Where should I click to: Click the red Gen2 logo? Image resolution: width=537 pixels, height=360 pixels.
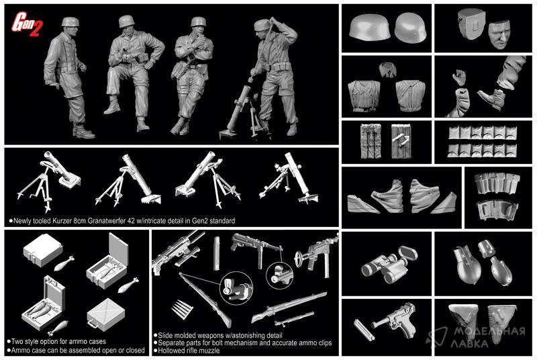(x=27, y=24)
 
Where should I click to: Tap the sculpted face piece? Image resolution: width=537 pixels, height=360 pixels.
(x=499, y=34)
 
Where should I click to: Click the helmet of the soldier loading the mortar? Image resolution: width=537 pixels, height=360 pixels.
(x=262, y=25)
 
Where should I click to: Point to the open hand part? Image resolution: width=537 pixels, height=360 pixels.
(x=458, y=77)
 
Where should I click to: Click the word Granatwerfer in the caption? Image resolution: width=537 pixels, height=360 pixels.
(x=107, y=221)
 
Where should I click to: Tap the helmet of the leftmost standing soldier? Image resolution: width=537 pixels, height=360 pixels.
(x=70, y=22)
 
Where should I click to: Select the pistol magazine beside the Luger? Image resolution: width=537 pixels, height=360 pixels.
(x=361, y=329)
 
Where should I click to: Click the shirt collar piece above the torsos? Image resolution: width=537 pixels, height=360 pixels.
(x=387, y=70)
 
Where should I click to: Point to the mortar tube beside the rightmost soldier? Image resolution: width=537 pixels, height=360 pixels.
(x=240, y=107)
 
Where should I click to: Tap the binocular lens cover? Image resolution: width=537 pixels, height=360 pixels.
(x=408, y=253)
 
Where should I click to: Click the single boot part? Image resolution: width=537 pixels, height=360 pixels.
(x=491, y=99)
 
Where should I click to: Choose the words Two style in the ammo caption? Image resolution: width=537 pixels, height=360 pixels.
(x=23, y=341)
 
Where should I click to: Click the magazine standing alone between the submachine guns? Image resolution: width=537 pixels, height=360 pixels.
(x=216, y=253)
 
